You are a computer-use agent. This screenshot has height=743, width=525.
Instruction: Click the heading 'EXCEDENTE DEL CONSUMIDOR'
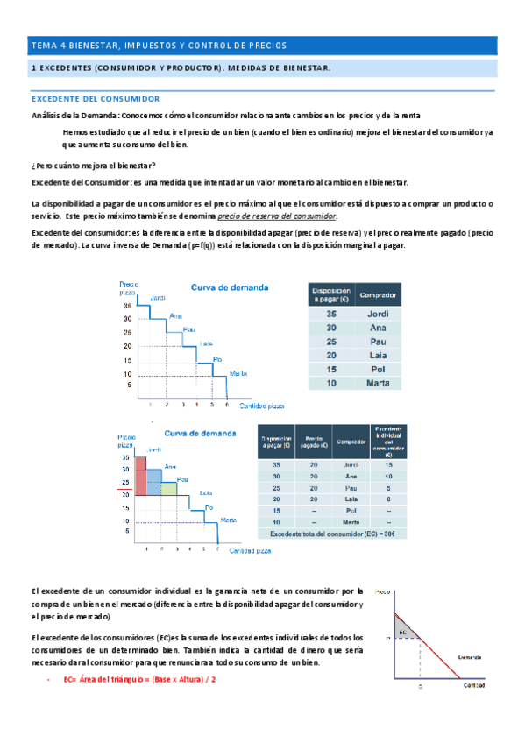[95, 99]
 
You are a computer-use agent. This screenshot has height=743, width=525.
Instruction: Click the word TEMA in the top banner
[41, 46]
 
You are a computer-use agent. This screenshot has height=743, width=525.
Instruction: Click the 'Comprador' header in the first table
[376, 295]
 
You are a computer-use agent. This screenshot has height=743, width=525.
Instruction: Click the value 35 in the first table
[331, 314]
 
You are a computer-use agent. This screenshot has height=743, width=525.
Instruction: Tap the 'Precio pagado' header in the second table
[315, 442]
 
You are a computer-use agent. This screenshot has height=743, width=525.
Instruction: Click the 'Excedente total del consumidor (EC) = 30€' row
[331, 534]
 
